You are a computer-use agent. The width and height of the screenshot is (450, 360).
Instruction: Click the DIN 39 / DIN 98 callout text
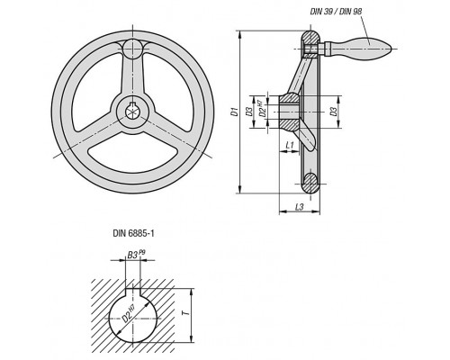(x=336, y=12)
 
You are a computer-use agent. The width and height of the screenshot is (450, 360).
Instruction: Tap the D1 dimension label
(x=235, y=112)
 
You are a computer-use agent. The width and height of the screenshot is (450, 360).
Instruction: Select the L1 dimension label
(x=290, y=146)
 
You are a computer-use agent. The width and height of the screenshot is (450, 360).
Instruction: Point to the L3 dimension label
(x=300, y=207)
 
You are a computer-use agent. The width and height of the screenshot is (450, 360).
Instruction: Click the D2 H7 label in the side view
(x=263, y=110)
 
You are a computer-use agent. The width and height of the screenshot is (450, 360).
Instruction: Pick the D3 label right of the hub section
(x=333, y=112)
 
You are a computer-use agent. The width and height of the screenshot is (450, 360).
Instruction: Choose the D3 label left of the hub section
(x=248, y=112)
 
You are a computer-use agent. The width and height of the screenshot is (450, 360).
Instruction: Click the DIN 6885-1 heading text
(x=133, y=233)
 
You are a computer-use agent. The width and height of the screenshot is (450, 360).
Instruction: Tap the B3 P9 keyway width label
(x=136, y=255)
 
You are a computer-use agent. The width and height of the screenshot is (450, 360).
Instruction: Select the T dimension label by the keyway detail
(x=186, y=313)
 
